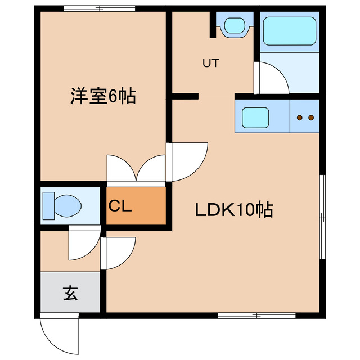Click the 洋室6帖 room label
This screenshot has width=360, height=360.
102,96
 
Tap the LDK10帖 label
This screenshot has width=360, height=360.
234,210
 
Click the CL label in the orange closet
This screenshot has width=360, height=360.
120,206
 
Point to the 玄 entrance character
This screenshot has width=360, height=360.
70,292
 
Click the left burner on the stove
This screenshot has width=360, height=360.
299,118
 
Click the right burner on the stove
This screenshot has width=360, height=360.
310,118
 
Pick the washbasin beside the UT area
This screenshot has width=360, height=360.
234,25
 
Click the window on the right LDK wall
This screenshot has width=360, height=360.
322,217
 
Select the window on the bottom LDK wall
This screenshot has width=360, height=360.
256,316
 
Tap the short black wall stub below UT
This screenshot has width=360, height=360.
185,96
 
